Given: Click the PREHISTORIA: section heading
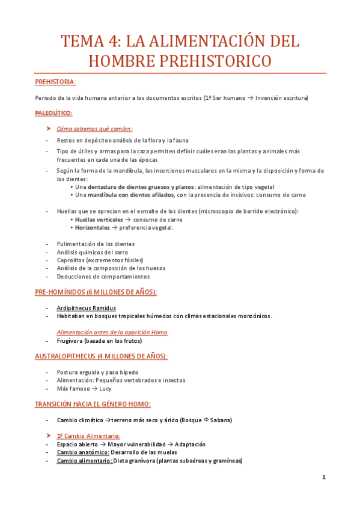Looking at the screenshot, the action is (x=55, y=82).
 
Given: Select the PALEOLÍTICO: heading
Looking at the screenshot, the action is (x=53, y=112).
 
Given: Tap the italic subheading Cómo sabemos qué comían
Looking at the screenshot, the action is (x=95, y=129).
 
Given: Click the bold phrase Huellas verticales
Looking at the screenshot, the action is (x=99, y=220).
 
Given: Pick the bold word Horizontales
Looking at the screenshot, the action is (x=93, y=227).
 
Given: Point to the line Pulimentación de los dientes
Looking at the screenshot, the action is (x=96, y=244).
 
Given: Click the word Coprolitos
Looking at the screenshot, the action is (x=70, y=260).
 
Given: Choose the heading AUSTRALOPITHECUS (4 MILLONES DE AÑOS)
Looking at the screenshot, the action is (x=101, y=356).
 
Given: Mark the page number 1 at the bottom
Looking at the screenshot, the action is (x=323, y=478).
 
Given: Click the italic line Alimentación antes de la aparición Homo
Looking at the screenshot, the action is (x=112, y=332).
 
